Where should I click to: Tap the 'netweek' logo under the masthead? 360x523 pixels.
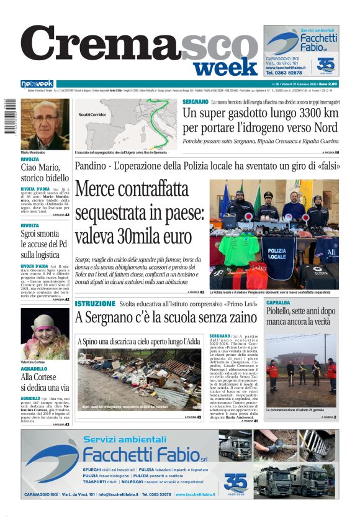[37, 84]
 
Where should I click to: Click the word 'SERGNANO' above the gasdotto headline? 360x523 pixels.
[196, 102]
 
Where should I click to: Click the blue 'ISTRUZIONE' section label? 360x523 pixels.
[95, 304]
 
